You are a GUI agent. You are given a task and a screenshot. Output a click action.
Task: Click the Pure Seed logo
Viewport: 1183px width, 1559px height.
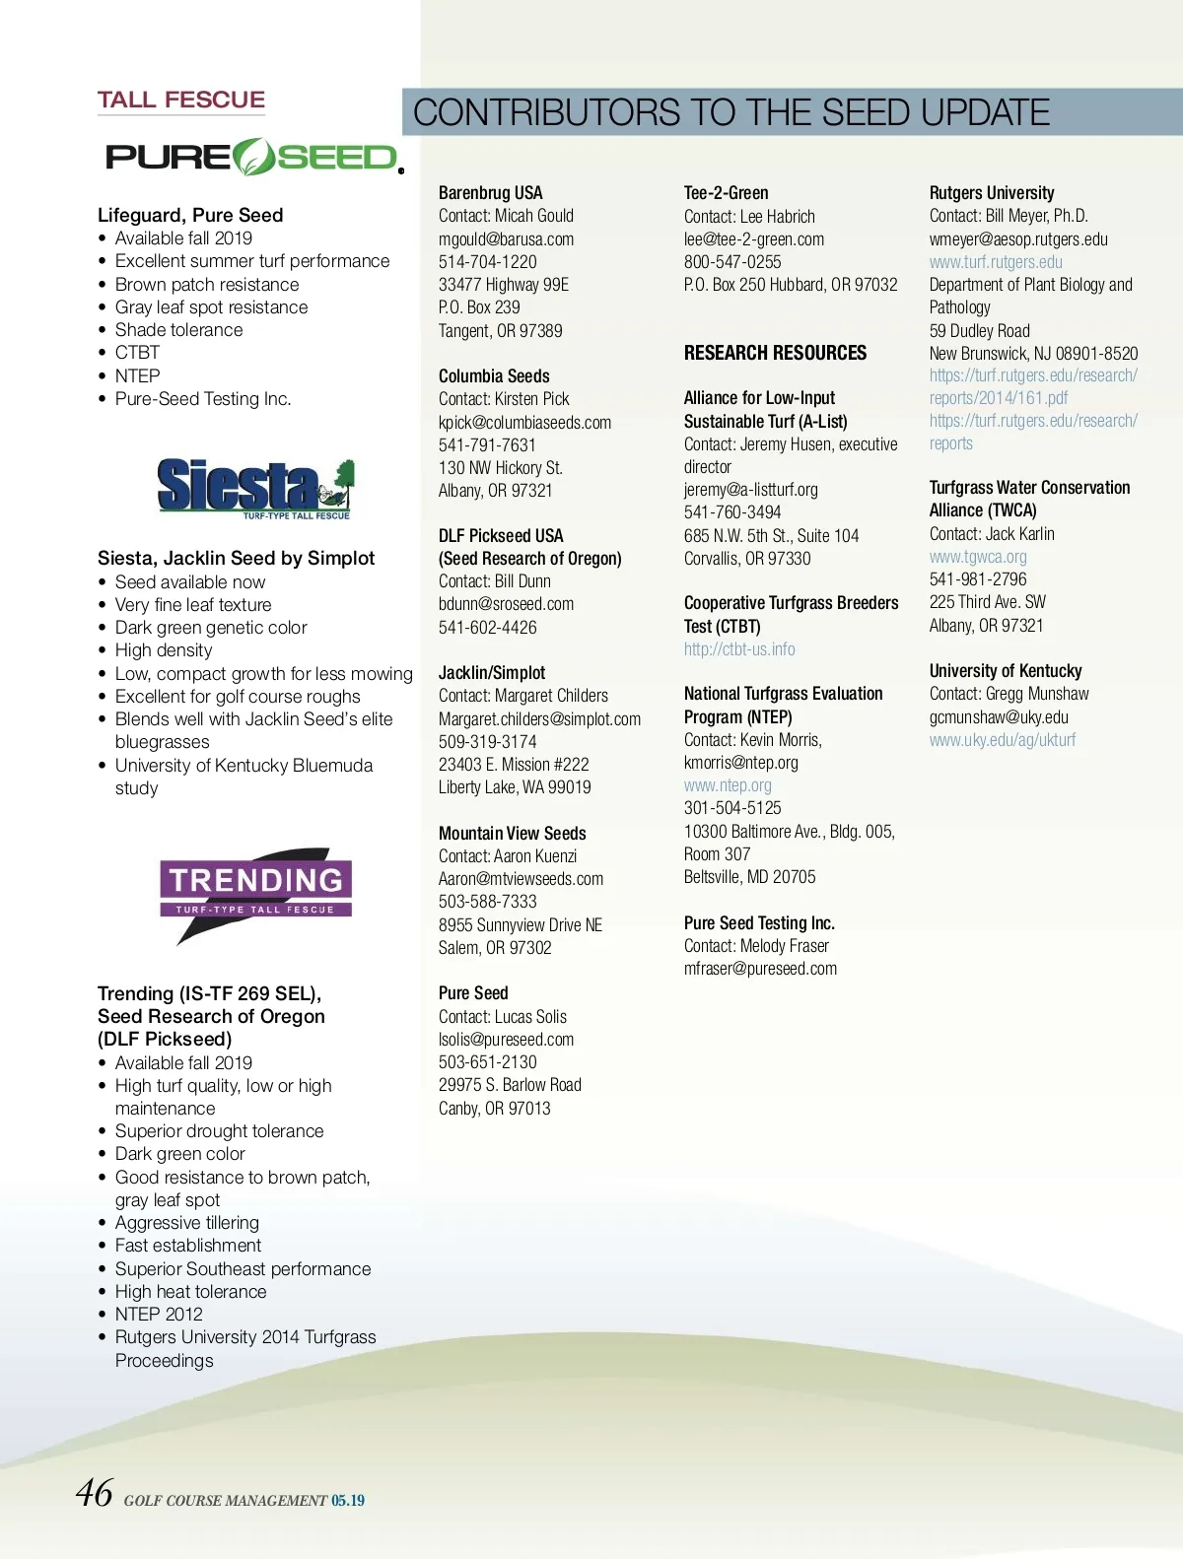pos(253,158)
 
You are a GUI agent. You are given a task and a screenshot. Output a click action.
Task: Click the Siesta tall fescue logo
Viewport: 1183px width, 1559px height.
pos(255,488)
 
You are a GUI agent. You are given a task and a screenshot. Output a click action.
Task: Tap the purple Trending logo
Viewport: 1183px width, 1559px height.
pos(256,891)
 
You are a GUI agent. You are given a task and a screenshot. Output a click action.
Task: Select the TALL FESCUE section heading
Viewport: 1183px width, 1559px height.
pos(181,100)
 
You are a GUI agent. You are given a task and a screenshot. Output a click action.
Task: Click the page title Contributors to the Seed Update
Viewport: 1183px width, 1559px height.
pos(731,112)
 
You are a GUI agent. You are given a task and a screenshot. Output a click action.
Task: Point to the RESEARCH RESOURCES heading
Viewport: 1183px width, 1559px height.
pos(775,353)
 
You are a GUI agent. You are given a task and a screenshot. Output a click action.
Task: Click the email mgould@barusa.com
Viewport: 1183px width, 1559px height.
pos(506,239)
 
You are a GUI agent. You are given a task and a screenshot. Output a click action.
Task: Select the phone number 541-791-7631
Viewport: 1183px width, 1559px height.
pos(487,445)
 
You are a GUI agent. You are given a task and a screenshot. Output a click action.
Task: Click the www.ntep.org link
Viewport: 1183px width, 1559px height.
pos(728,785)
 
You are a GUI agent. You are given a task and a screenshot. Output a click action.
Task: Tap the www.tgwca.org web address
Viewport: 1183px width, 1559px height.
pos(978,557)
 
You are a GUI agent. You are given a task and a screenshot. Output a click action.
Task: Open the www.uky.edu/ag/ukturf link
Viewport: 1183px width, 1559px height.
pos(1003,740)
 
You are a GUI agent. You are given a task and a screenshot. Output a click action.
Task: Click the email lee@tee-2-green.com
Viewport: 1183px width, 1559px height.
pos(754,239)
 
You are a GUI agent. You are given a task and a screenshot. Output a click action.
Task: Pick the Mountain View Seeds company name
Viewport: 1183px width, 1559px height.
pos(512,834)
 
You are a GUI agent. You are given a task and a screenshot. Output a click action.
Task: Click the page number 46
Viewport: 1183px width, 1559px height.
pos(95,1493)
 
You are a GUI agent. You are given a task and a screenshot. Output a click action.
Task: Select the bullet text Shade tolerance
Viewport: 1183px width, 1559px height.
pos(178,330)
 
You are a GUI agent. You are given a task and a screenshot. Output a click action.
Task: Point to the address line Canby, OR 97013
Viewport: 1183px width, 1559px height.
pos(494,1109)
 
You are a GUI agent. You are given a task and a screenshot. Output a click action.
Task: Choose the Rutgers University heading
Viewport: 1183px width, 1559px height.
pos(991,193)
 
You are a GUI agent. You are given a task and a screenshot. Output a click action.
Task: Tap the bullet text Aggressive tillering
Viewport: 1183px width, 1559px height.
pos(186,1223)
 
